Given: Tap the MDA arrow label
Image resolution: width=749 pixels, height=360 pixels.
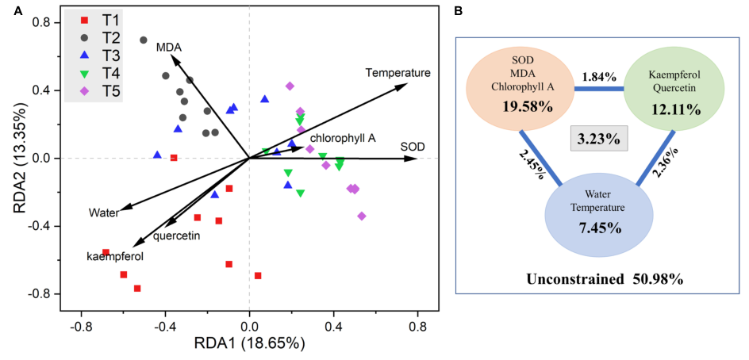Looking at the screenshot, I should point(164,47).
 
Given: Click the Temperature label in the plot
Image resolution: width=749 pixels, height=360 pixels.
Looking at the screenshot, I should point(398,73).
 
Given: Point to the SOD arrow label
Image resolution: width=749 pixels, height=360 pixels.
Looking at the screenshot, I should point(412,147).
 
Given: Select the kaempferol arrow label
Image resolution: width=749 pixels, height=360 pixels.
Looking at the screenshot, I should point(115,256).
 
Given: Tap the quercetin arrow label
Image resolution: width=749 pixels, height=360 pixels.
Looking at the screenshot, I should point(176,236).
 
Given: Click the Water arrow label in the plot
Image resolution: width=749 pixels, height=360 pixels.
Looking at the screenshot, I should point(103,213).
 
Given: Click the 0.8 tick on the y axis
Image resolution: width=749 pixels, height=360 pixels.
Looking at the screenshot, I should point(41,23).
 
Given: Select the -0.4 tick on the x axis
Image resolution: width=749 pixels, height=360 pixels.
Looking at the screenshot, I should point(165,327).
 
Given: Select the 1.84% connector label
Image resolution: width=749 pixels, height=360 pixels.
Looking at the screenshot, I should point(598,78).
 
